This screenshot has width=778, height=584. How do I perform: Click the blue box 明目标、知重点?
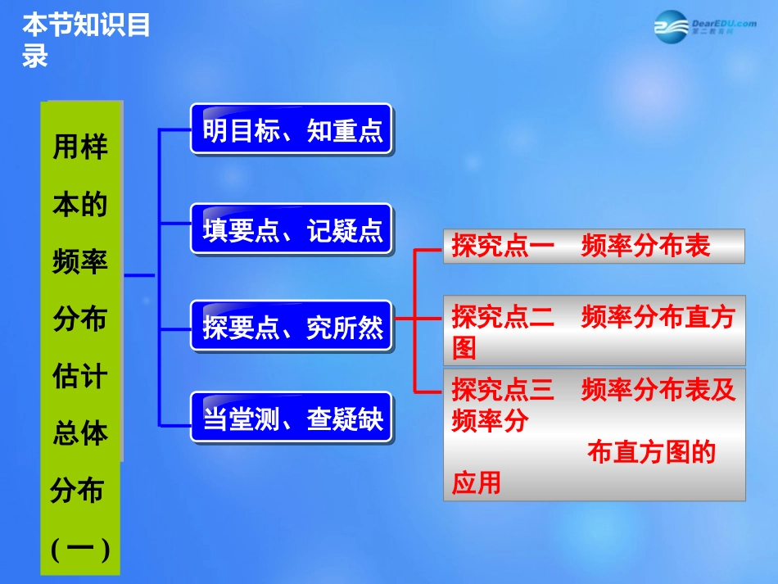point(292,129)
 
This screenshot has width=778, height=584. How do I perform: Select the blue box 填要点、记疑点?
point(292,230)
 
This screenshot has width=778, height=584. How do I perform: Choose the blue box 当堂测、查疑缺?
point(292,420)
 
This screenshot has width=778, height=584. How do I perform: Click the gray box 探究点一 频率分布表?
point(594,246)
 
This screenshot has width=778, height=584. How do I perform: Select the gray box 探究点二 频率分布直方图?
point(594,330)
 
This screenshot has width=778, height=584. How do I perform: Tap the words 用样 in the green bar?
point(80,147)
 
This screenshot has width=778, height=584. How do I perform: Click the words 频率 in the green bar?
point(80,262)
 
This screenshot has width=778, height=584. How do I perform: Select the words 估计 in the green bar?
point(80,377)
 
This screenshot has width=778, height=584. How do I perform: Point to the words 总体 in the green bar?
point(80,432)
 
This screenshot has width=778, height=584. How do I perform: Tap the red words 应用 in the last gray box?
point(476,482)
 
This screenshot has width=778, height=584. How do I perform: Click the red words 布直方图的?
point(651,452)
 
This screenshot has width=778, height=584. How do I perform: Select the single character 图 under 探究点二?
point(464,349)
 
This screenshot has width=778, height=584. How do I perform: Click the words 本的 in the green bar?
point(80,205)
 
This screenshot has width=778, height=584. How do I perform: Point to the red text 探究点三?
point(503,390)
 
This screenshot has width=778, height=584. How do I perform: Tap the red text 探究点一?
point(503,246)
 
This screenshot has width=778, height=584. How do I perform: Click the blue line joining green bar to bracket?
point(140,276)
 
